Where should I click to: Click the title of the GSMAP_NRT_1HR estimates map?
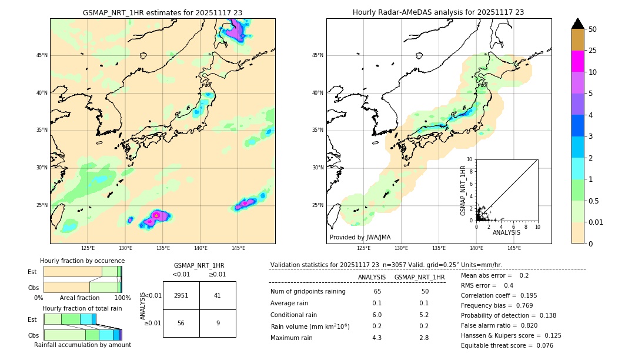pyautogui.click(x=162, y=12)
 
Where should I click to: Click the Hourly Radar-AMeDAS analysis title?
pyautogui.click(x=438, y=12)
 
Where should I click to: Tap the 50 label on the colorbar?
pyautogui.click(x=593, y=29)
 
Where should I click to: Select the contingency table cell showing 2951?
pyautogui.click(x=181, y=295)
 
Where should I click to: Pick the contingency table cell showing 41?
pyautogui.click(x=217, y=295)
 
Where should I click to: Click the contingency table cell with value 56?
pyautogui.click(x=181, y=323)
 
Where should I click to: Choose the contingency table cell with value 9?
pyautogui.click(x=217, y=323)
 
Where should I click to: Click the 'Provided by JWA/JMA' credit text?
pyautogui.click(x=360, y=237)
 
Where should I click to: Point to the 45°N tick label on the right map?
pyautogui.click(x=317, y=56)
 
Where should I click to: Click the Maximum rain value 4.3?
pyautogui.click(x=376, y=338)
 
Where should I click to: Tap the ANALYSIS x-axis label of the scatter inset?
pyautogui.click(x=506, y=232)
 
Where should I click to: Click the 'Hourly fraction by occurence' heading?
pyautogui.click(x=82, y=261)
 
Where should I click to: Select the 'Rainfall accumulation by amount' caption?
pyautogui.click(x=82, y=345)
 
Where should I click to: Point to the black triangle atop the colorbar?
pyautogui.click(x=578, y=24)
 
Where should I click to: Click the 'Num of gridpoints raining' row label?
pyautogui.click(x=308, y=292)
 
